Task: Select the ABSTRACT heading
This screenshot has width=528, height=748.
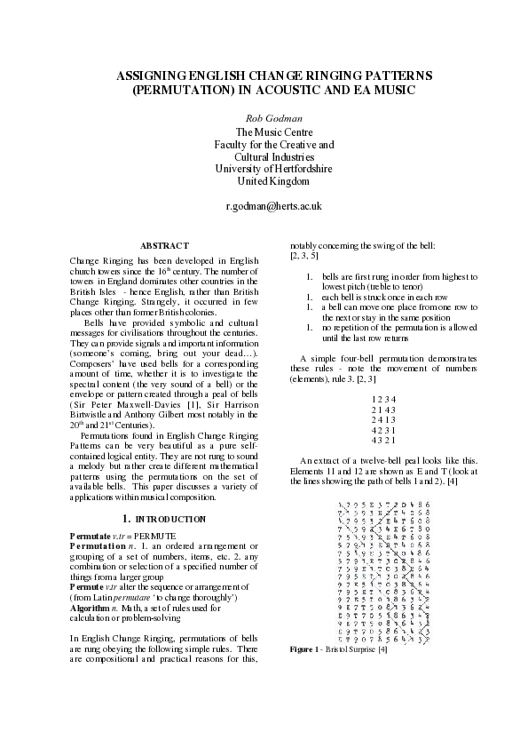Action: point(165,245)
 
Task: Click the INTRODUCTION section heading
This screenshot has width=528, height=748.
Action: point(171,517)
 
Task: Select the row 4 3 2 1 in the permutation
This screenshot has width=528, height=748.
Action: point(378,441)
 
